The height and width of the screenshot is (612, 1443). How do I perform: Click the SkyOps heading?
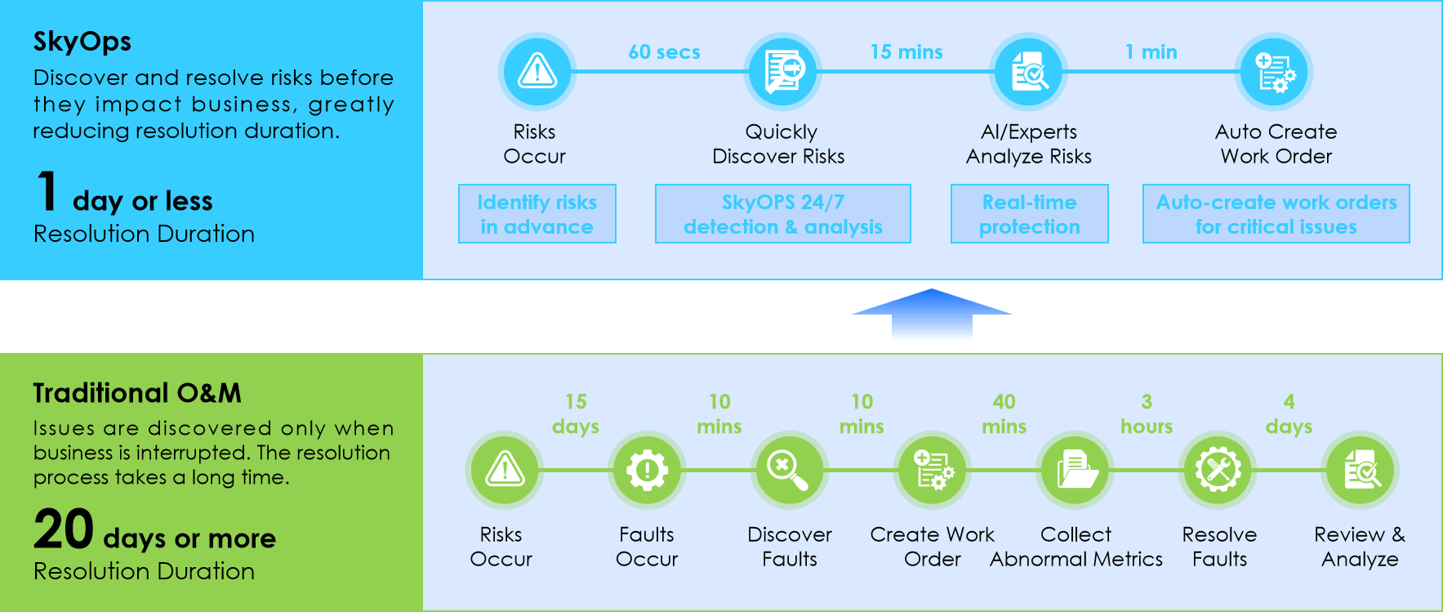click(82, 42)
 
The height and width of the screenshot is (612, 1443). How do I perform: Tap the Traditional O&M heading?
click(137, 393)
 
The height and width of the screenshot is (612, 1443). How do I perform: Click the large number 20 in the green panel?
click(64, 529)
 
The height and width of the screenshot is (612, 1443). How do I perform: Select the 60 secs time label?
click(664, 52)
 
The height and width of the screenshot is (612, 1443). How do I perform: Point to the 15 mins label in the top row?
click(906, 52)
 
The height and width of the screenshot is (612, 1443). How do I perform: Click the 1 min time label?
click(1151, 52)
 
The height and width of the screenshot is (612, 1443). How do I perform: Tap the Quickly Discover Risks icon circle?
click(782, 72)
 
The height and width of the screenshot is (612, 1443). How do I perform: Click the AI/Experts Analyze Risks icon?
click(1028, 72)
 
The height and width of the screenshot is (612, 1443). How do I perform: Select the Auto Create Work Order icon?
click(1274, 72)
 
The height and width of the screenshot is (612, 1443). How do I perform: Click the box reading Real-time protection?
click(1029, 214)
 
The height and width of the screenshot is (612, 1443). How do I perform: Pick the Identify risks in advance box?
click(537, 214)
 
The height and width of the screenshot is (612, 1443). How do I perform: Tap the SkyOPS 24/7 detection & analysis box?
click(782, 214)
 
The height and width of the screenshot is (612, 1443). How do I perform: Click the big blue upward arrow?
click(932, 315)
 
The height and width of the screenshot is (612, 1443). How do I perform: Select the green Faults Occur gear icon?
click(647, 470)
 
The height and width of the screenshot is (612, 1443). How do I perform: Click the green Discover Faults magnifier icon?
click(789, 470)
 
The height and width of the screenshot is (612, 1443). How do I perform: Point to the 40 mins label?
click(1004, 414)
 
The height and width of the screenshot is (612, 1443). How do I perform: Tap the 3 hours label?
click(1146, 414)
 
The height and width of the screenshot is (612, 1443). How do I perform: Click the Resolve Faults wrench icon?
click(1218, 470)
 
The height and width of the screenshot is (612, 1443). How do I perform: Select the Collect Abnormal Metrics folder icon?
click(1075, 470)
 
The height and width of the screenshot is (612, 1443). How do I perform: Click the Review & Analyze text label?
click(1360, 547)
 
